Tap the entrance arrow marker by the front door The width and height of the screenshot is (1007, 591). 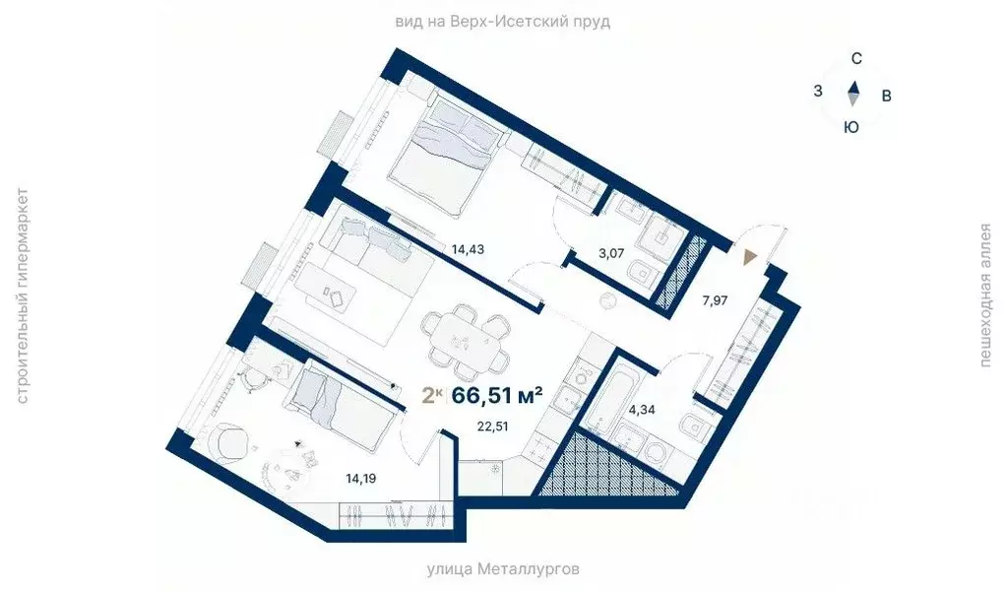pos(750,257)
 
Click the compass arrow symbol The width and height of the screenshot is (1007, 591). pos(853,93)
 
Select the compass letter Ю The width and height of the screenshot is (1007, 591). pos(852,126)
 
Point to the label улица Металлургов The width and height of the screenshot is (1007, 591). pos(503,569)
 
